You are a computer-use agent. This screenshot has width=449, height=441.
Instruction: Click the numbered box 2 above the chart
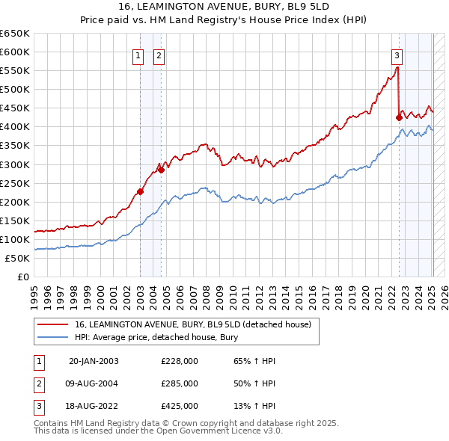160,54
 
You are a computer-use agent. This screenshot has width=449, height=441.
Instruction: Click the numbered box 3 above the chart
397,54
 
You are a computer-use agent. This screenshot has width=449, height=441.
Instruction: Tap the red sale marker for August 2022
399,117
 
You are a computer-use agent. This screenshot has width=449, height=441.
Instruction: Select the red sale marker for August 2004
161,170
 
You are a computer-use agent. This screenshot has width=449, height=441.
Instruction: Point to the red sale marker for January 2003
140,191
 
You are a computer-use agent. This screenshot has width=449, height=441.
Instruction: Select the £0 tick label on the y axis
22,277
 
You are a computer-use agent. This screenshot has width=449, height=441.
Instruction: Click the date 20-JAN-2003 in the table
94,361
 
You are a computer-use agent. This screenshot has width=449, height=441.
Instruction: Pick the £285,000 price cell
180,383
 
